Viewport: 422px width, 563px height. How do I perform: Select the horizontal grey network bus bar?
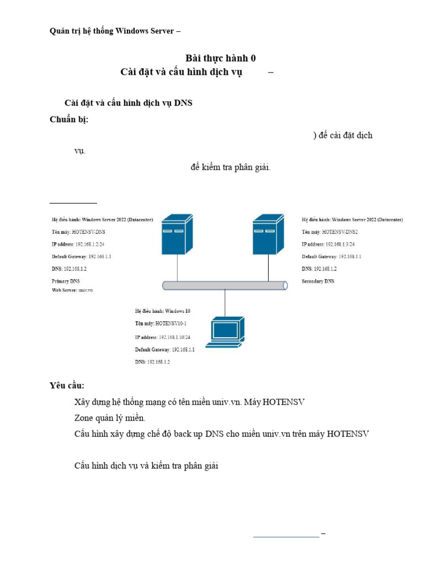point(225,285)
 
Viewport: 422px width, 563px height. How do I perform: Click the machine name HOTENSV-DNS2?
point(340,232)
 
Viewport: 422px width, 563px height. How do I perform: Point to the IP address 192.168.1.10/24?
point(174,337)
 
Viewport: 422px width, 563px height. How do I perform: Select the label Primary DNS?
point(65,281)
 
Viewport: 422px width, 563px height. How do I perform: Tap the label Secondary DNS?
point(318,281)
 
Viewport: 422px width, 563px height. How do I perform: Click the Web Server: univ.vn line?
point(72,290)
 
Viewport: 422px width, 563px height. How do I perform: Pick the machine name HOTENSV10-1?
point(170,324)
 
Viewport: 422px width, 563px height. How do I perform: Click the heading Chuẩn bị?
point(69,120)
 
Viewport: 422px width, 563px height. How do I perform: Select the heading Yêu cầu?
point(67,385)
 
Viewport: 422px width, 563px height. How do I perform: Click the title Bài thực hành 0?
point(220,58)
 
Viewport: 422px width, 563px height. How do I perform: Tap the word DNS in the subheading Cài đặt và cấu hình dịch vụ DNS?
point(183,103)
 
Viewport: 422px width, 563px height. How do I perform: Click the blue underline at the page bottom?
point(286,536)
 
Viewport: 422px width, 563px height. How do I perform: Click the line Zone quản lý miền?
point(110,418)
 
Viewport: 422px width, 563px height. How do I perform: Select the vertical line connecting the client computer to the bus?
point(225,303)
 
